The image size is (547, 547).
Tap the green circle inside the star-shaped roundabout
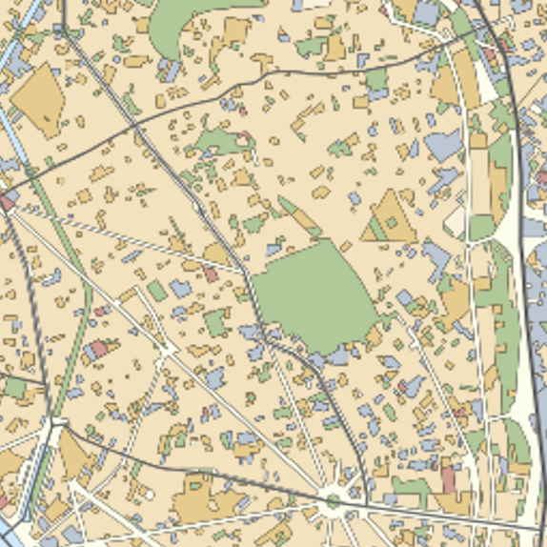pos(333,499)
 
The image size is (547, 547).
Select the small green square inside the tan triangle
pos(391,223)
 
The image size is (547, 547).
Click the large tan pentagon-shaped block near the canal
pos(37,100)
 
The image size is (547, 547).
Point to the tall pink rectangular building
pos(448,476)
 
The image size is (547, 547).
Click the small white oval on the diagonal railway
pos(196,205)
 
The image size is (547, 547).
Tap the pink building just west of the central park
pos(211,274)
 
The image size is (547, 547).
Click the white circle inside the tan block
pos(150,496)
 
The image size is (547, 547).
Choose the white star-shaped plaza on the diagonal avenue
pos(168,351)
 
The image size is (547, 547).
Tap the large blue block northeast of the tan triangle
pos(442,146)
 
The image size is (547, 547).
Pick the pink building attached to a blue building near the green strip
pos(98,350)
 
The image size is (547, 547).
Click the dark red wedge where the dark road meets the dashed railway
pos(8,202)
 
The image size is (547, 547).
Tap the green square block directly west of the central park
pos(217,323)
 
